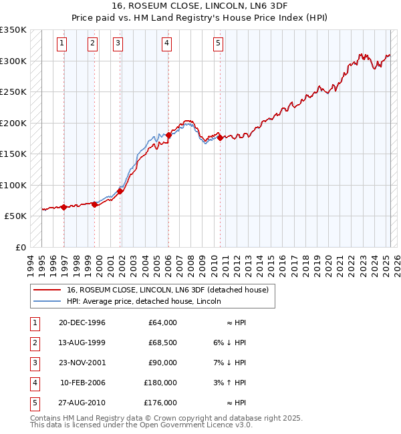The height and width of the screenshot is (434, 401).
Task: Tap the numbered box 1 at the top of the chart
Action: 61,44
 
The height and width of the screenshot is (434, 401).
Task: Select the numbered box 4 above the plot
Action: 166,44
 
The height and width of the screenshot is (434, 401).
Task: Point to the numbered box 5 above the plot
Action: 219,44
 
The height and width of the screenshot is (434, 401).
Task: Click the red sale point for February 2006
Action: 168,135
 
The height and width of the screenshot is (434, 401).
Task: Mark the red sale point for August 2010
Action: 220,138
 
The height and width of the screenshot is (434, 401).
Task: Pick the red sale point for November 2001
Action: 120,191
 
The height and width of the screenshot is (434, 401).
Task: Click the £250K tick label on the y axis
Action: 13,92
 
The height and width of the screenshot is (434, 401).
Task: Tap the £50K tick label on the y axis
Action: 15,216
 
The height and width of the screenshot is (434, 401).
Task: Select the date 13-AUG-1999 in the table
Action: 83,343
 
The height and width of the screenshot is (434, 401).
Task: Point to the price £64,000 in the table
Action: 162,322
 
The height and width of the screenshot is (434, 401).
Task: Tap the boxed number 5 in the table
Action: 34,403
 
